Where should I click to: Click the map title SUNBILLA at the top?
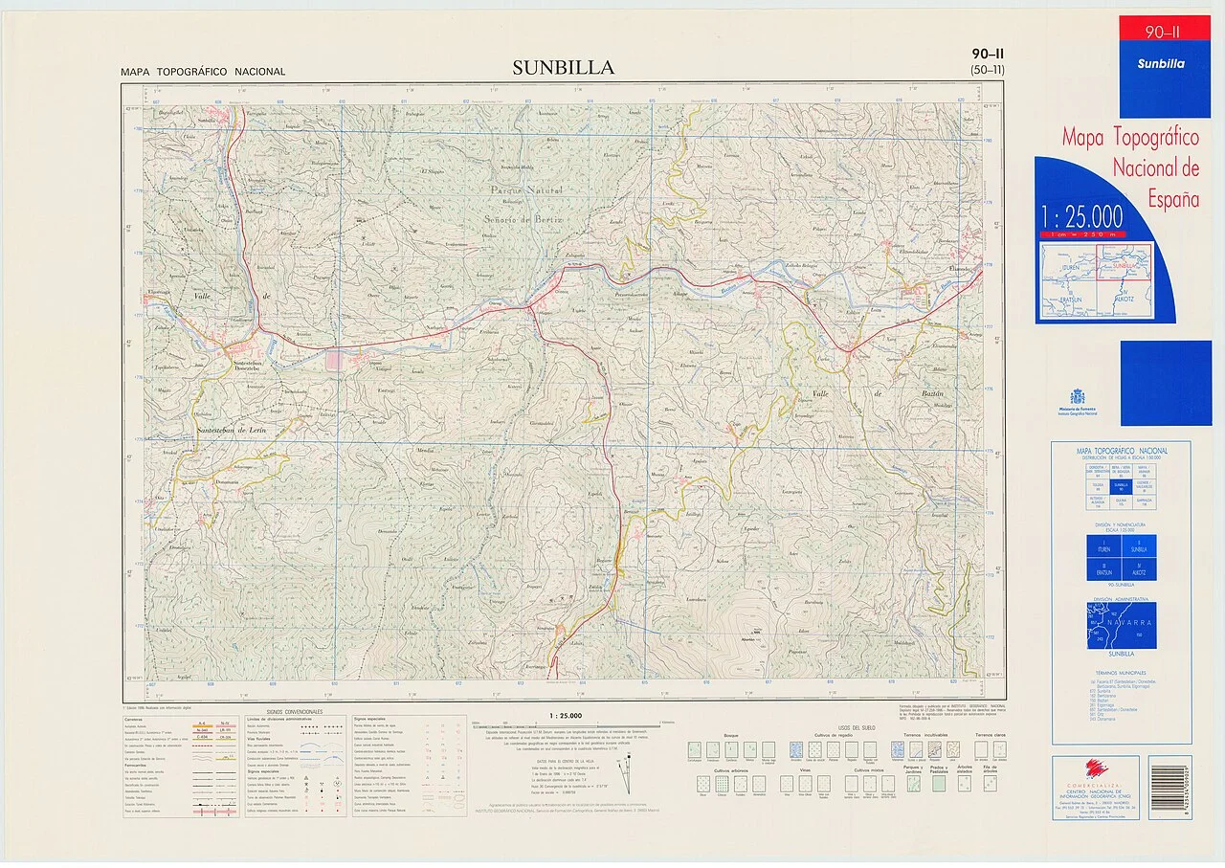563,67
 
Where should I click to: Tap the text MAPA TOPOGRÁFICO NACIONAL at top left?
203,72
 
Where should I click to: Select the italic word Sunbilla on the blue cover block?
1161,64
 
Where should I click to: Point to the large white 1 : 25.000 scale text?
1082,217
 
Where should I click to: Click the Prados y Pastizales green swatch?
939,784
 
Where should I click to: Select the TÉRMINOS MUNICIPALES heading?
1121,672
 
